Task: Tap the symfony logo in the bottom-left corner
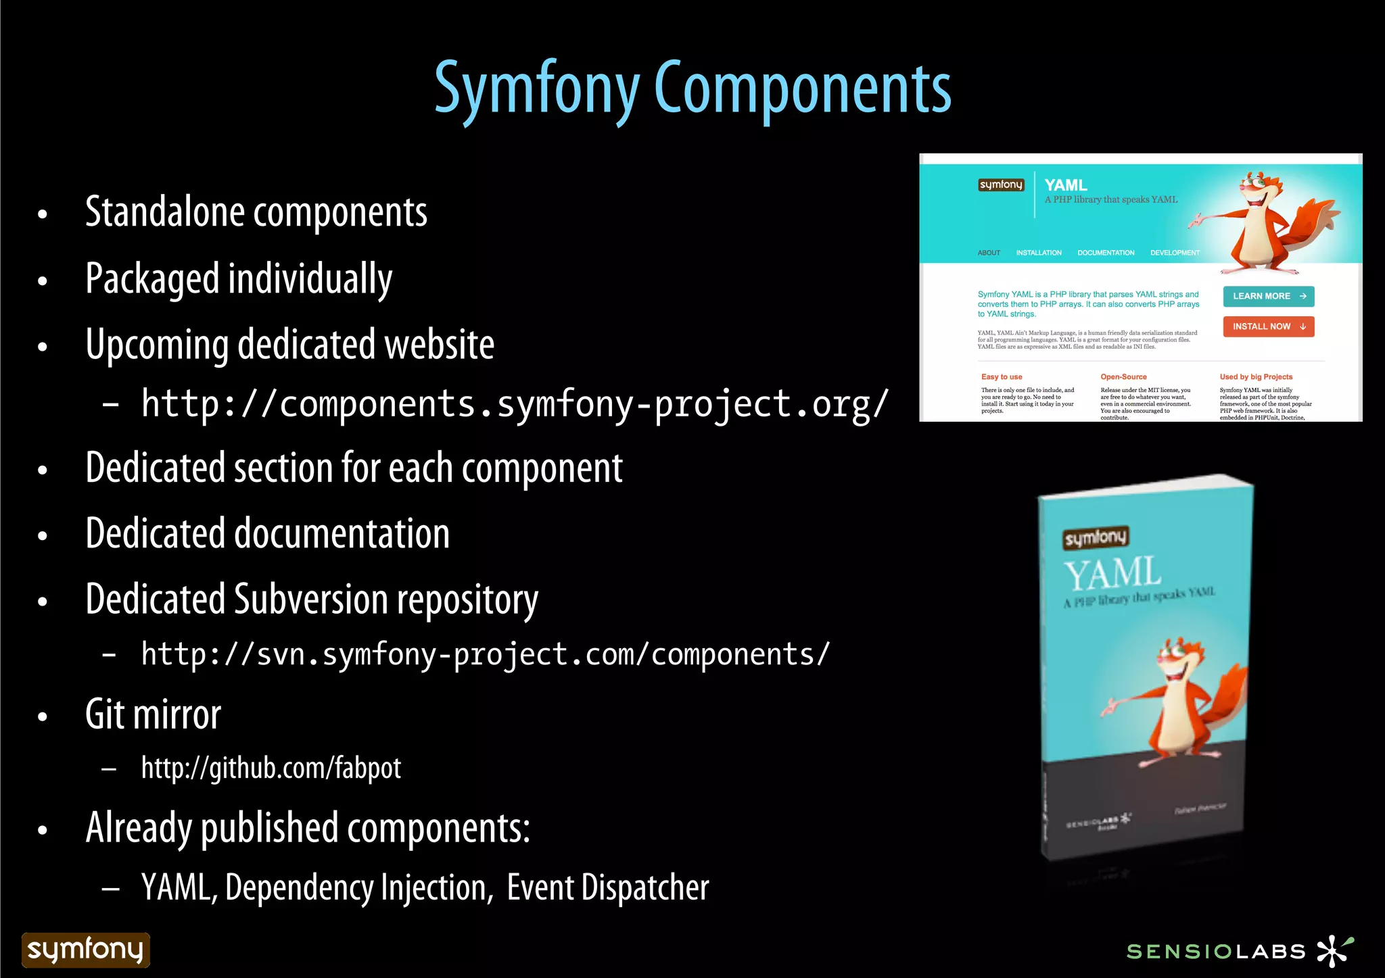click(85, 950)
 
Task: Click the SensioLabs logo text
click(1215, 952)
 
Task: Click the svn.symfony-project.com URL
click(485, 654)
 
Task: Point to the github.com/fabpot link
click(271, 768)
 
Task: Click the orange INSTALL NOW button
click(1268, 326)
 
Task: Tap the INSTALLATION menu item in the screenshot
click(1038, 253)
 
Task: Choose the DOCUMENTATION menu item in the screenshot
click(1106, 253)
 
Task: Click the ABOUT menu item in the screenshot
click(988, 253)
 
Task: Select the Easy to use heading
click(1001, 377)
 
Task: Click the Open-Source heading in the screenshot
click(1123, 377)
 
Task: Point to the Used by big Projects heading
click(1256, 377)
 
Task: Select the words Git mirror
click(154, 715)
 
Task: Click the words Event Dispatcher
click(607, 887)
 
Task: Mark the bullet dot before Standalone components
click(43, 214)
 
